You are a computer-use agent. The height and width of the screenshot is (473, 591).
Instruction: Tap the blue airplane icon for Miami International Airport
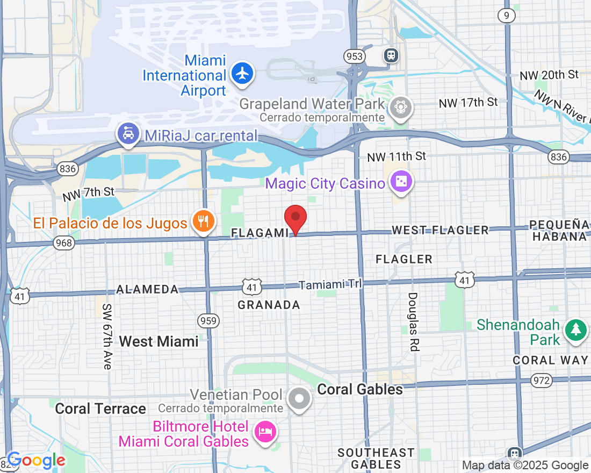pos(242,74)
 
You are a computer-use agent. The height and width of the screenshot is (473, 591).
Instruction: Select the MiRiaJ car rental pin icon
pos(128,135)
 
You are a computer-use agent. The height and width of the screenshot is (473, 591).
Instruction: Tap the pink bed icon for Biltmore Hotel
pos(266,432)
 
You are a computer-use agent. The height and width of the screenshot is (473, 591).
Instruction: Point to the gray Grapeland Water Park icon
pos(400,107)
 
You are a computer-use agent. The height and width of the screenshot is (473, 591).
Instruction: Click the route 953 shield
pos(355,56)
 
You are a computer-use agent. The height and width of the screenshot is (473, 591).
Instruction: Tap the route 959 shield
pos(208,321)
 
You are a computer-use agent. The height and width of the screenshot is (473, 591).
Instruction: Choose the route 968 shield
pos(64,243)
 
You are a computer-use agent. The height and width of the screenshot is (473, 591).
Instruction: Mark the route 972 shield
pos(541,381)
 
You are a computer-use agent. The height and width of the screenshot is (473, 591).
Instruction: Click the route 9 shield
pos(506,16)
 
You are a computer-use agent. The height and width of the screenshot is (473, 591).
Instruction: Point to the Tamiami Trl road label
pos(330,284)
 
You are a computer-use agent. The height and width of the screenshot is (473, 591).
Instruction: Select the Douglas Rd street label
pos(413,322)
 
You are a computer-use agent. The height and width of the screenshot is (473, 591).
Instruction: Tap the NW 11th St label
pos(397,156)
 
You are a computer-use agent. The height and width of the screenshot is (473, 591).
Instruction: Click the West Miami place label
pos(158,341)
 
